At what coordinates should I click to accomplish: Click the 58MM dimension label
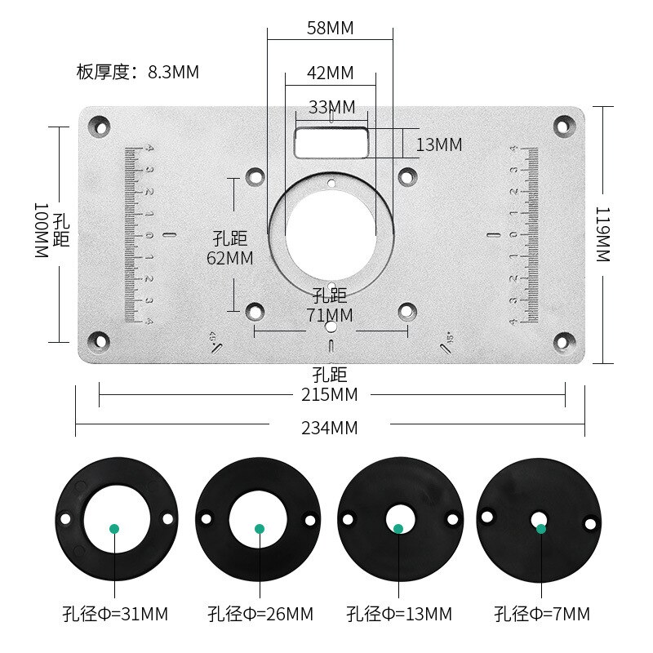(x=330, y=29)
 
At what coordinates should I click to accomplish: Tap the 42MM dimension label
(x=330, y=73)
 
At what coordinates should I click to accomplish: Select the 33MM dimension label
(x=331, y=107)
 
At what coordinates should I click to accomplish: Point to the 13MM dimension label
(x=439, y=145)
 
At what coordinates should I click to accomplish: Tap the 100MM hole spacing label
(x=42, y=231)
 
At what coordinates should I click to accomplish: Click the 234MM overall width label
(x=329, y=427)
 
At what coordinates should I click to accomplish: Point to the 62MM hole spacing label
(x=230, y=258)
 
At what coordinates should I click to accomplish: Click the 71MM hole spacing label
(x=331, y=314)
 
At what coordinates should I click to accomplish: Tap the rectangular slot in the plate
(x=331, y=141)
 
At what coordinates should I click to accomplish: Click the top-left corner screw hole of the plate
(x=100, y=126)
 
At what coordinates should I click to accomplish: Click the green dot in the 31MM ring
(x=115, y=529)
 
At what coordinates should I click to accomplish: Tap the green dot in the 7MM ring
(x=540, y=529)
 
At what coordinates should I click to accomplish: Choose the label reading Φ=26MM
(x=260, y=614)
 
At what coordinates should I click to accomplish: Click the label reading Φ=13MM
(x=399, y=614)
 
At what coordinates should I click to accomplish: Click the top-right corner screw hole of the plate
(x=563, y=125)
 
